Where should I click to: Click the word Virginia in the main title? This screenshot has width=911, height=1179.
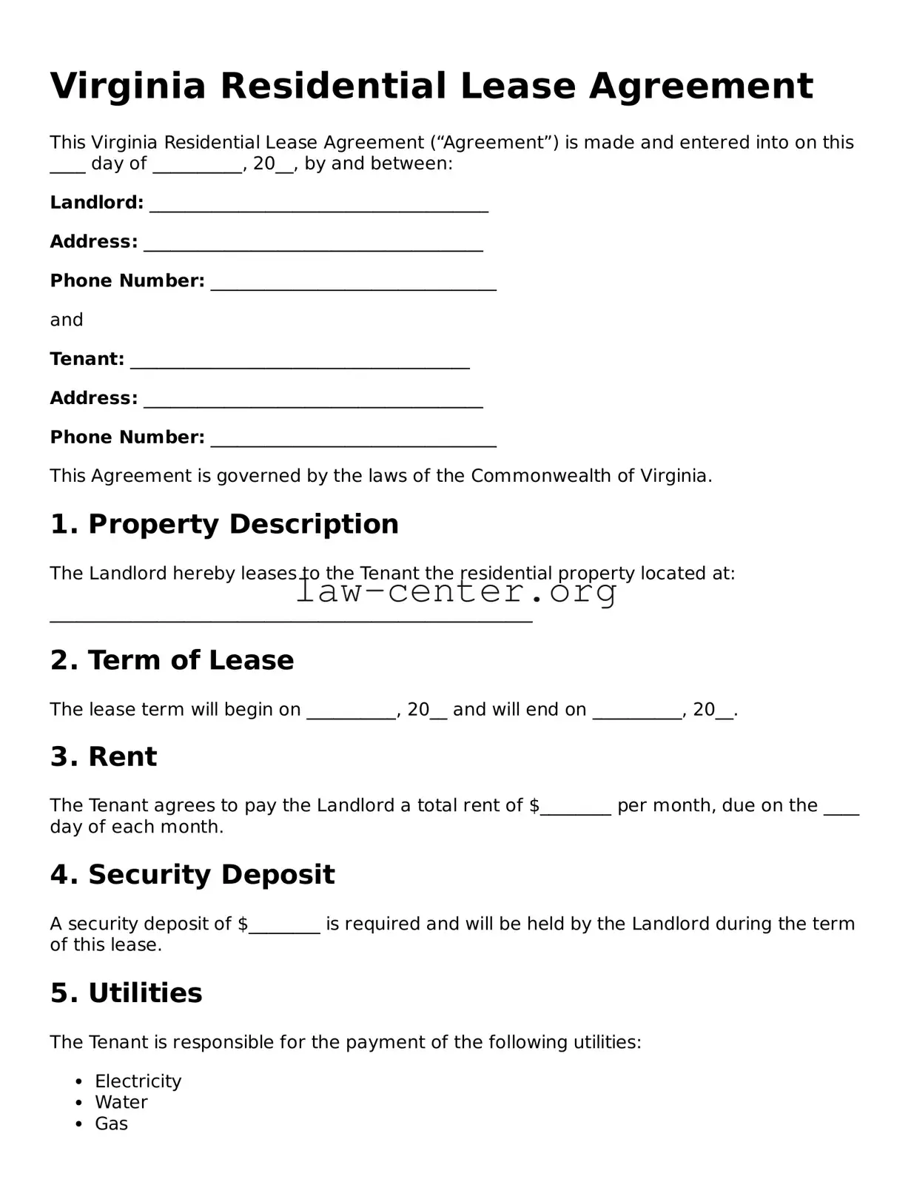coord(127,87)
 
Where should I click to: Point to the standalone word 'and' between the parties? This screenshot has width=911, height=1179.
coord(67,320)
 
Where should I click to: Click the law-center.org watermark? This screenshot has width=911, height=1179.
coord(456,591)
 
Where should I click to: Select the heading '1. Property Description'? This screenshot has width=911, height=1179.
coord(224,524)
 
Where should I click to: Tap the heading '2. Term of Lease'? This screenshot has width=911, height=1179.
coord(172,660)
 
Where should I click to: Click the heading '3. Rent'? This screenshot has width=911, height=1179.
coord(104,756)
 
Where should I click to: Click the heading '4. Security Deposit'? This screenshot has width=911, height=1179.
coord(192,875)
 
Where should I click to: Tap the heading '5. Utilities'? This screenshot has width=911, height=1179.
coord(126,993)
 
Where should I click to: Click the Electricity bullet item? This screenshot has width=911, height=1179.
coord(138,1081)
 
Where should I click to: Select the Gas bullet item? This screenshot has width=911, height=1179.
coord(111,1123)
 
